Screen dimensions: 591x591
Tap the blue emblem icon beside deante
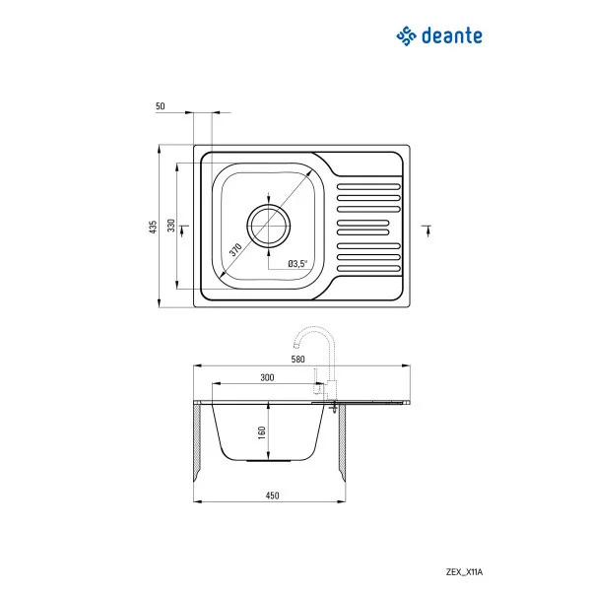pyautogui.click(x=407, y=36)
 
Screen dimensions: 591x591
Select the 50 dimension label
pyautogui.click(x=161, y=105)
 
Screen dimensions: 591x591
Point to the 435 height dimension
pyautogui.click(x=153, y=227)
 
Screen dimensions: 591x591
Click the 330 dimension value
pyautogui.click(x=171, y=227)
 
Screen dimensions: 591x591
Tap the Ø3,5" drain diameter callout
pyautogui.click(x=297, y=263)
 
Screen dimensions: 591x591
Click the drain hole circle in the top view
pyautogui.click(x=268, y=226)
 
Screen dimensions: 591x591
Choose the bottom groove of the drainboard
pyautogui.click(x=369, y=267)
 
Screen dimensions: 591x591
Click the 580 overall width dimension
pyautogui.click(x=296, y=360)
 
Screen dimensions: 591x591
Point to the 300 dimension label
pyautogui.click(x=267, y=377)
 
